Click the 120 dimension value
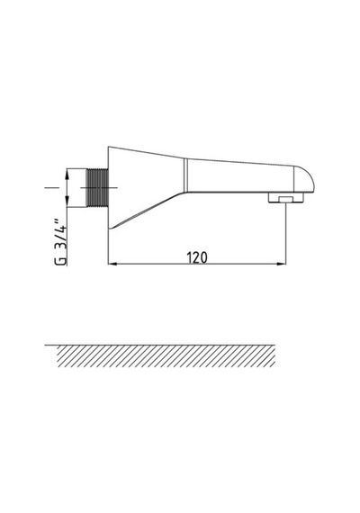(197, 257)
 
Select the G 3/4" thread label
(61, 240)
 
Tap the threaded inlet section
(97, 188)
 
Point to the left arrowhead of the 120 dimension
(112, 264)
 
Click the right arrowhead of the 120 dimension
(282, 264)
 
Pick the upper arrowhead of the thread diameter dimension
(67, 174)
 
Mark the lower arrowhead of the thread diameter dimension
(67, 202)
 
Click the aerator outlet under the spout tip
(286, 198)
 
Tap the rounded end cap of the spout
(304, 179)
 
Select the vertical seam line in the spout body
(186, 175)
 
